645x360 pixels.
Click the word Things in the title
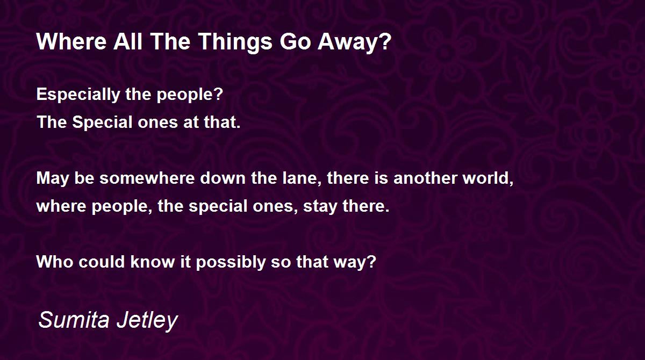pos(235,42)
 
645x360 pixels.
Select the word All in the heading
pos(127,41)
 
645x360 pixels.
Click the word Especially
pos(78,95)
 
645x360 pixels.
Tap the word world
pos(488,178)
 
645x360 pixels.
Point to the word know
pos(153,262)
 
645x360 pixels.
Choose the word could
pos(102,262)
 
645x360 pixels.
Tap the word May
pos(53,179)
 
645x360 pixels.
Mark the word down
pos(223,178)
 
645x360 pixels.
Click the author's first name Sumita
pos(74,320)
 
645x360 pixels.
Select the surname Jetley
pos(147,321)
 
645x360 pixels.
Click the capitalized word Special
pos(102,123)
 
